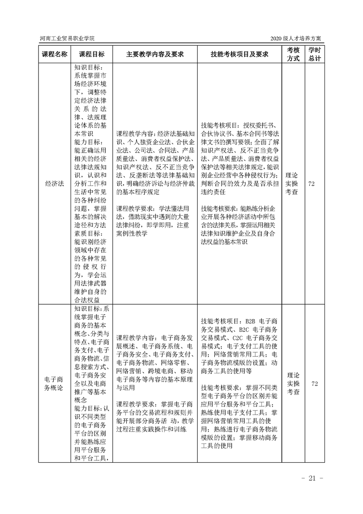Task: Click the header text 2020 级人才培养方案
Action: pos(297,38)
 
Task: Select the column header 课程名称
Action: pos(55,54)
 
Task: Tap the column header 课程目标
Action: pos(92,54)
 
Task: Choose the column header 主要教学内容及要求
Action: pos(155,54)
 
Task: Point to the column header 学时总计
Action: pos(314,54)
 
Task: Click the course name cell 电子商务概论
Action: pos(55,384)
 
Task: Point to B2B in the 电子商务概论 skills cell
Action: pos(252,321)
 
